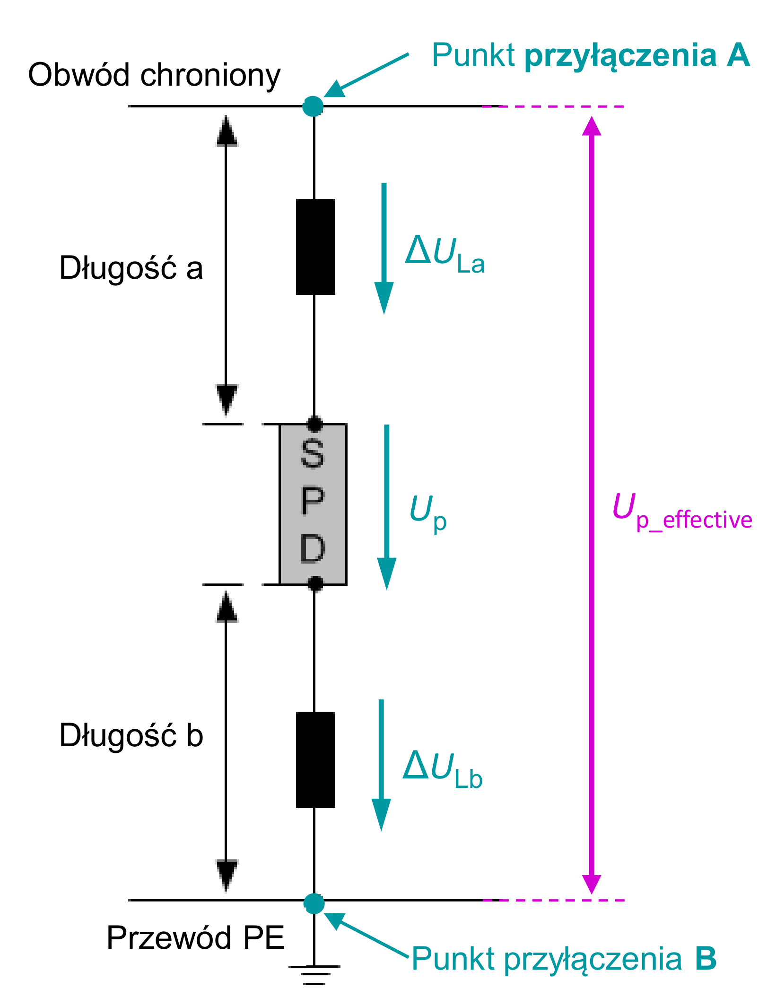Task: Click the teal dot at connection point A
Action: (313, 106)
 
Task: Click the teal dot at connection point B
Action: (314, 903)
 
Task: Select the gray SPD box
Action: (313, 504)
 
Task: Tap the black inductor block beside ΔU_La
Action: (315, 247)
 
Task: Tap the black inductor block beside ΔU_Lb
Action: (315, 760)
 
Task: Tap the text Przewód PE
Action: (195, 938)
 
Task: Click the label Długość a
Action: (131, 268)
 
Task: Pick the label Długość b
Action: (131, 735)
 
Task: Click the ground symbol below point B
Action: (314, 974)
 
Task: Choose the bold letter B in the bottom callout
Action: (706, 959)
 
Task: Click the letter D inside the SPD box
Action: (313, 548)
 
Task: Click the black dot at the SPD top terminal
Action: (315, 424)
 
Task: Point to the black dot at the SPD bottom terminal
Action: (315, 583)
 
